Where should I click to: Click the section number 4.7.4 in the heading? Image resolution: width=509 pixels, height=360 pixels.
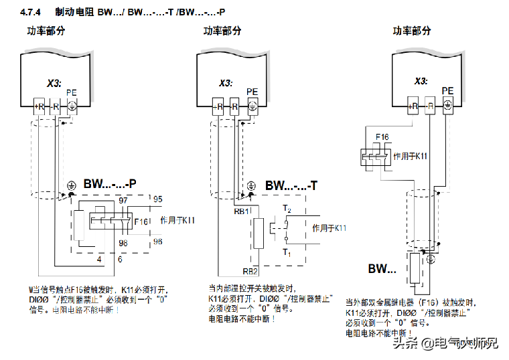click(31, 12)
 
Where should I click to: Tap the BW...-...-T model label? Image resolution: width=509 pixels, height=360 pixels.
click(291, 185)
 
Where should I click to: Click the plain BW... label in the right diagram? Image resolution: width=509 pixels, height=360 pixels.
click(382, 269)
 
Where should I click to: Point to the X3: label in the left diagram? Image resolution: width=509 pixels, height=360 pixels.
click(54, 84)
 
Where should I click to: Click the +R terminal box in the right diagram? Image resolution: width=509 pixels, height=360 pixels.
click(413, 105)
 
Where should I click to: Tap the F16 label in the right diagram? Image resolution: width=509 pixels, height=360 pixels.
click(382, 137)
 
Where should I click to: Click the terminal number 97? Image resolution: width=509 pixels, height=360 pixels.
click(123, 200)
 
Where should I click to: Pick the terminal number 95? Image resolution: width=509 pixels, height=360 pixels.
click(158, 199)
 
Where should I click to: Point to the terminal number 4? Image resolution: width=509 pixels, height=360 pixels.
click(98, 258)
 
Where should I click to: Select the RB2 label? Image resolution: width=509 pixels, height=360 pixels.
click(250, 271)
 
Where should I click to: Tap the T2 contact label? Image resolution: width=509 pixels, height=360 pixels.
click(287, 209)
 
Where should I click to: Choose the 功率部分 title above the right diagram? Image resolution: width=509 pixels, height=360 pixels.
click(412, 31)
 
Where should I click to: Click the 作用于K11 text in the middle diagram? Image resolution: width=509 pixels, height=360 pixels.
click(330, 228)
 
